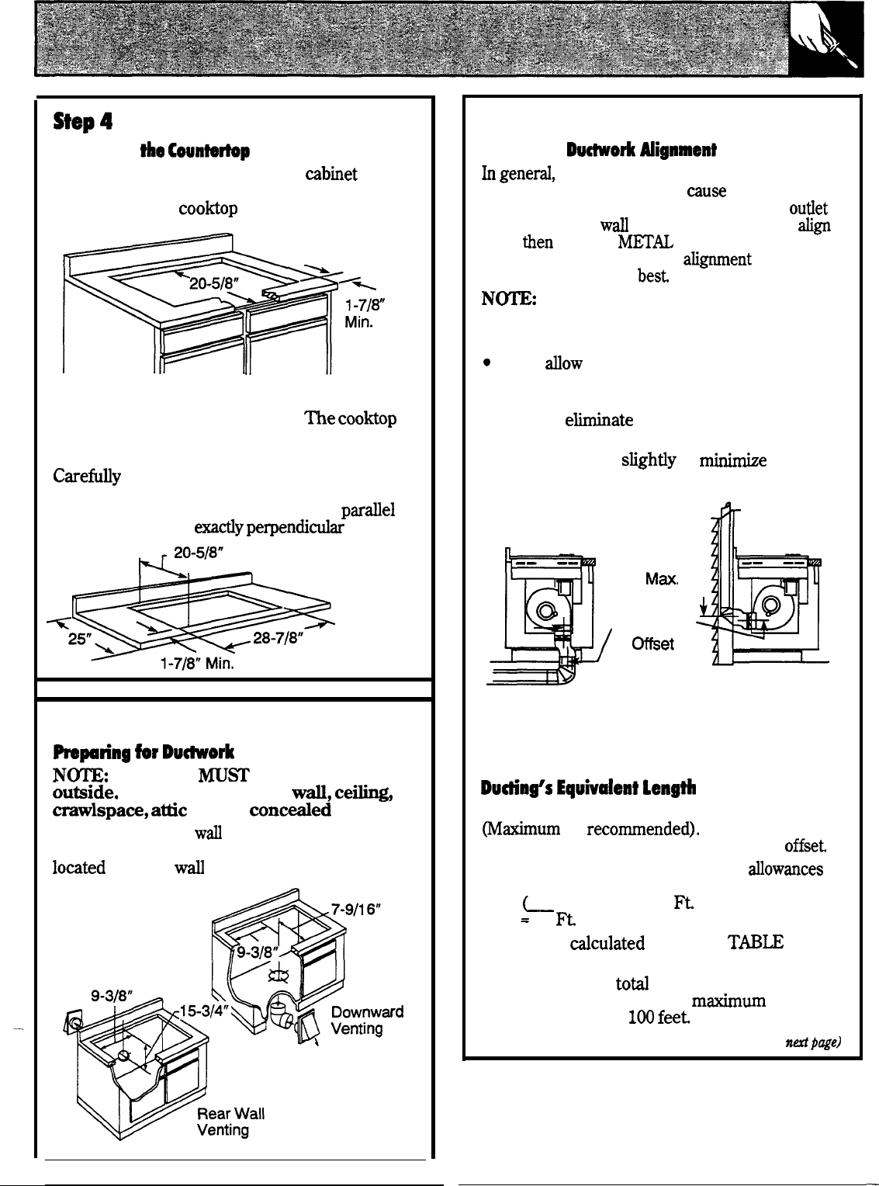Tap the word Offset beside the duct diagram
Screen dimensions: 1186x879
point(653,643)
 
